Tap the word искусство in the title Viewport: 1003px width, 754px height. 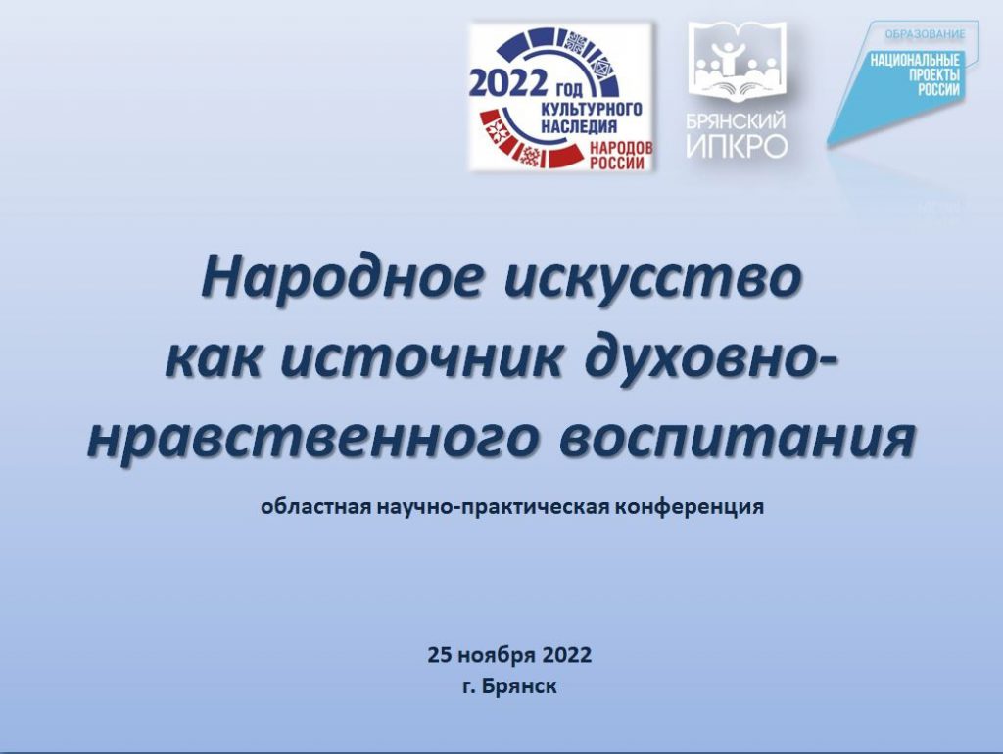(x=652, y=279)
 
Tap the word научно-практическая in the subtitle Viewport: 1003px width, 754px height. (x=493, y=507)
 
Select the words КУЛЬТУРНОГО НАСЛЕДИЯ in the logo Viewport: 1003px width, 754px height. (x=591, y=118)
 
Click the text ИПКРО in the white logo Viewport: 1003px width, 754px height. (x=737, y=146)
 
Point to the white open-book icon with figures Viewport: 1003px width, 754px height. (x=736, y=64)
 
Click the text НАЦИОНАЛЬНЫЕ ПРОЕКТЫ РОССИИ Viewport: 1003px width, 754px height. (x=916, y=75)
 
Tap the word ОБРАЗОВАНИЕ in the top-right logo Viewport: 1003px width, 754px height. (x=925, y=33)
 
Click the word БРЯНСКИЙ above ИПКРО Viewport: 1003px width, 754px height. (x=737, y=120)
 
